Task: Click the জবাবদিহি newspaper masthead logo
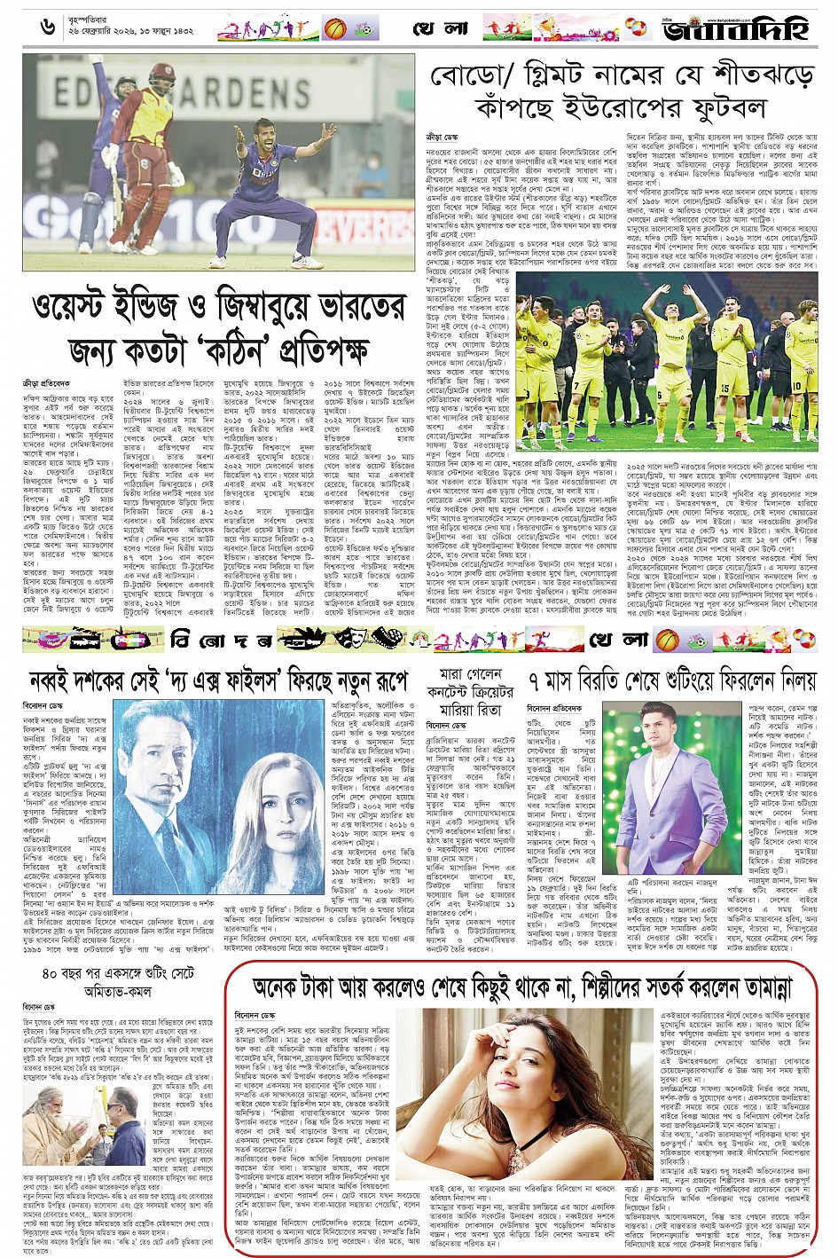click(736, 29)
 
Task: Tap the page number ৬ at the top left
click(48, 28)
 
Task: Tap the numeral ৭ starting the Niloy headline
click(536, 682)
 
